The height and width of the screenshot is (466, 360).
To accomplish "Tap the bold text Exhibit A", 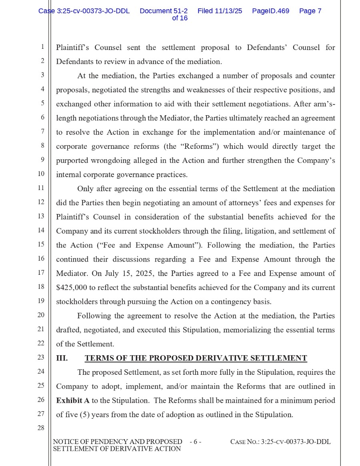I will click(x=73, y=400).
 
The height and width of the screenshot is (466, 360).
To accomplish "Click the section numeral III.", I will click(x=62, y=358).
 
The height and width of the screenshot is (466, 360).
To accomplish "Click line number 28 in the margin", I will click(x=41, y=428).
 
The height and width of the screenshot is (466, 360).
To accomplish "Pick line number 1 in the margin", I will click(x=42, y=47).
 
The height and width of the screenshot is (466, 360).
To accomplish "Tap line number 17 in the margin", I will click(x=41, y=273).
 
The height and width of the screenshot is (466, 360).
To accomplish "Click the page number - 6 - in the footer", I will click(x=195, y=442).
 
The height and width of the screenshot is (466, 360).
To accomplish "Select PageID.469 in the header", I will click(x=270, y=11).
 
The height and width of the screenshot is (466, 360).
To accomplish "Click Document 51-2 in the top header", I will click(x=164, y=11).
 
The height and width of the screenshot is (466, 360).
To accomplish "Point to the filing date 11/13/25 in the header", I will click(x=228, y=11).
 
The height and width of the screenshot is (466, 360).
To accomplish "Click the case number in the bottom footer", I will click(x=280, y=442).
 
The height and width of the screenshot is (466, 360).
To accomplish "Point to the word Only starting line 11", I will click(x=85, y=189).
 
